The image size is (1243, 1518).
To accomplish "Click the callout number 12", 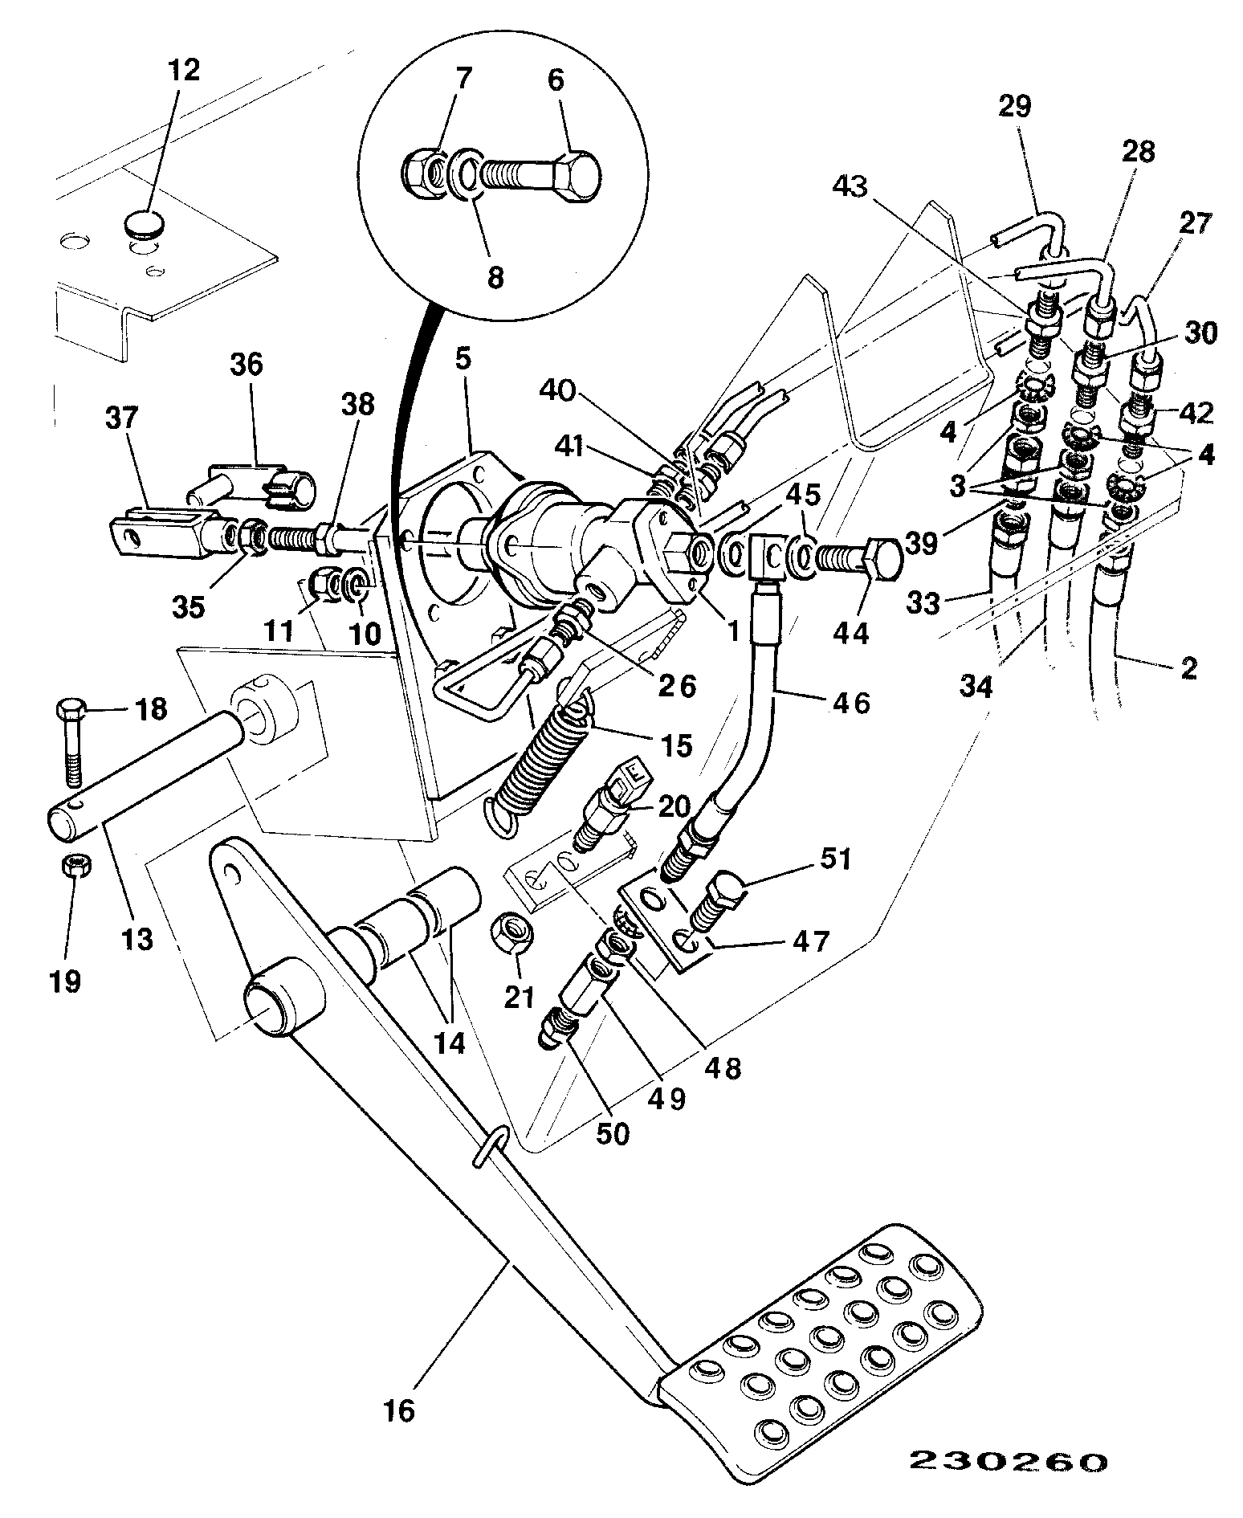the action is [x=184, y=70].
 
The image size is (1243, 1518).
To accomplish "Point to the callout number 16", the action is [x=398, y=1410].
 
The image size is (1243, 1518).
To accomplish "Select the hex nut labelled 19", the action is [x=75, y=867].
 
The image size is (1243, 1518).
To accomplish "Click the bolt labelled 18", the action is [x=71, y=742].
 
